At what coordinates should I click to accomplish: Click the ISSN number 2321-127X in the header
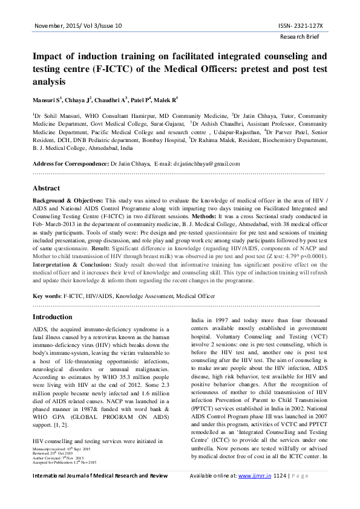[301, 26]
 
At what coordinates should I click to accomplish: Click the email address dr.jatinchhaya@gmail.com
[206, 163]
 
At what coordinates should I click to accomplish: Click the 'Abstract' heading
[46, 188]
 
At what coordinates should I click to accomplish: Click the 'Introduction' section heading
[52, 317]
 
